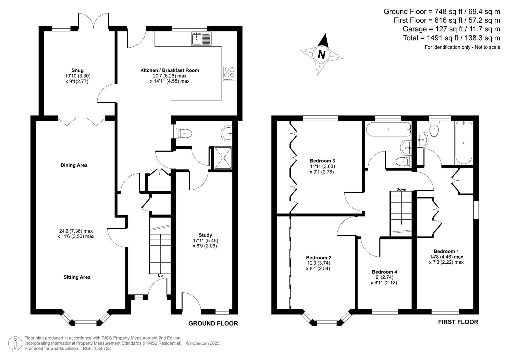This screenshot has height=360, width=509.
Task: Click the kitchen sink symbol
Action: point(201,39)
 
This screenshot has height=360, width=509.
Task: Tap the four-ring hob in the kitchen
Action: point(229,73)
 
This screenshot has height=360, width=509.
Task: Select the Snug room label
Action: point(78,70)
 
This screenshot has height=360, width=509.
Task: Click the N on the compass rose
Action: point(321,54)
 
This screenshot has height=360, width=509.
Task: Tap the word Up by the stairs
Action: point(160,276)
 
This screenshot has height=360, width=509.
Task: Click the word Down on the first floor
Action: point(401,189)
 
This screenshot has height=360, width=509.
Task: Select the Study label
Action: point(205,235)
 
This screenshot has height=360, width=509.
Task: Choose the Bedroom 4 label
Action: point(384,272)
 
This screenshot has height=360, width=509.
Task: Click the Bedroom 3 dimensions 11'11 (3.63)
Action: point(322,166)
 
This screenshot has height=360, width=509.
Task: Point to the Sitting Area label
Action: point(77,277)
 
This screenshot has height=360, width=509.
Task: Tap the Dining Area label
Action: point(74,165)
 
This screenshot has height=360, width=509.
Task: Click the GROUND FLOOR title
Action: point(213,323)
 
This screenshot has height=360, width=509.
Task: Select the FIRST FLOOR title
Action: point(458,322)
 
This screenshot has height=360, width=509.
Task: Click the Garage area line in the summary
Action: point(451,29)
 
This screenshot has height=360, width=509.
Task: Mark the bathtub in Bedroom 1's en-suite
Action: point(464,143)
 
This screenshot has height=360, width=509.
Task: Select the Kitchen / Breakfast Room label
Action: point(169,70)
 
